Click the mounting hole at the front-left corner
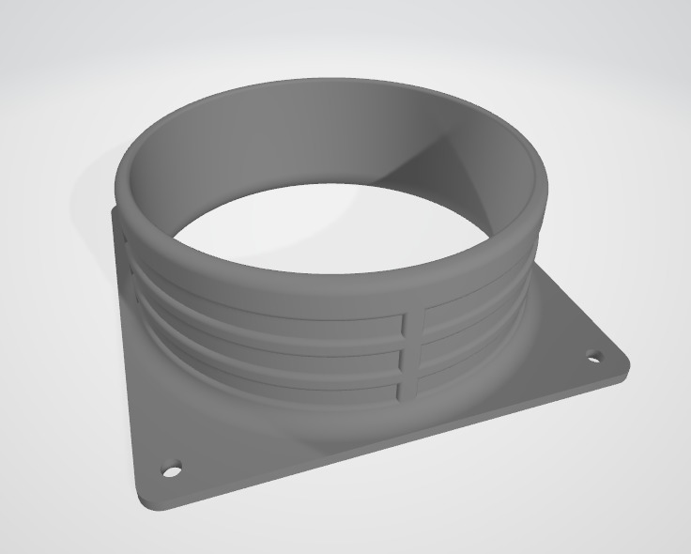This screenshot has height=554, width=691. [171, 468]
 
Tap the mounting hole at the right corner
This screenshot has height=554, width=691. [593, 357]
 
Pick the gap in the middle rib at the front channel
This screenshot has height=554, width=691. [410, 359]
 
